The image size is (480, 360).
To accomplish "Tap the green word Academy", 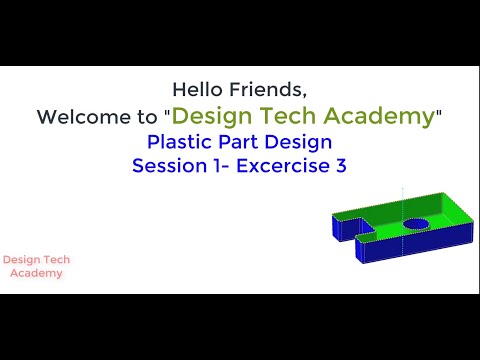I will click(x=385, y=116).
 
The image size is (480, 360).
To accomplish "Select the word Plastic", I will click(x=180, y=142).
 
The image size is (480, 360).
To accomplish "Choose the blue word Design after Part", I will click(x=298, y=142).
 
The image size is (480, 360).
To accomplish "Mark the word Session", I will click(x=169, y=166).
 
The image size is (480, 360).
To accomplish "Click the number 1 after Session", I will click(x=222, y=166).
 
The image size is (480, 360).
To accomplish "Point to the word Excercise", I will click(x=285, y=166).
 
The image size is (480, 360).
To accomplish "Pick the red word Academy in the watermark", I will click(x=37, y=273).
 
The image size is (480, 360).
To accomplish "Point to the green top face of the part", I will click(x=440, y=212).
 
